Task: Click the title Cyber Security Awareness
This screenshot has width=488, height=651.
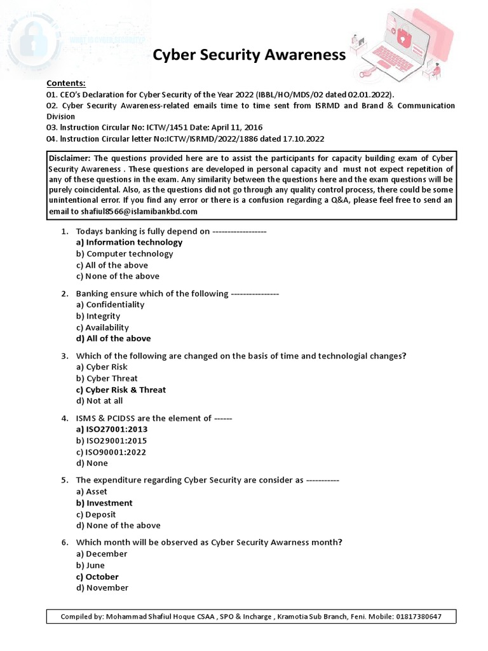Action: (249, 55)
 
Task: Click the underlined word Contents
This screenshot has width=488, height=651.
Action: (65, 83)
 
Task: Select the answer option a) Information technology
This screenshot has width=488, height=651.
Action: (129, 242)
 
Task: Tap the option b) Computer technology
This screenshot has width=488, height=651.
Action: (125, 254)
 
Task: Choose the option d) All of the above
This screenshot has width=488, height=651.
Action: (113, 339)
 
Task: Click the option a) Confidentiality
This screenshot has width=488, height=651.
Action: (110, 305)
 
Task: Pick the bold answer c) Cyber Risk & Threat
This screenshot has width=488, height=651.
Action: (121, 390)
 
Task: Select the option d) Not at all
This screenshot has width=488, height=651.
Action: (100, 401)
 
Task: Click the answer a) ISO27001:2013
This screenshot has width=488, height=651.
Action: (112, 429)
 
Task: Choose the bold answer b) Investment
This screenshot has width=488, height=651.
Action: (104, 503)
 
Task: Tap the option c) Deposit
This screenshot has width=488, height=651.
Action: (96, 514)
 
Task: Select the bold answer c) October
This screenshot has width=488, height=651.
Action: (97, 577)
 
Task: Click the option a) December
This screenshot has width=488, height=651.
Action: (102, 554)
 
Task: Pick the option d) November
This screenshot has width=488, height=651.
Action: (102, 588)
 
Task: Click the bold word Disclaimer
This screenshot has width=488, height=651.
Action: (71, 158)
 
